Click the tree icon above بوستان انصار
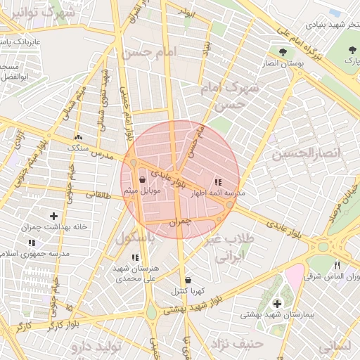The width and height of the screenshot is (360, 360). [283, 52]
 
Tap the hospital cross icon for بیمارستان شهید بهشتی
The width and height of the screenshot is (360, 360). [278, 303]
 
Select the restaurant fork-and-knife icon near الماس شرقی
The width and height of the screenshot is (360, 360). [337, 265]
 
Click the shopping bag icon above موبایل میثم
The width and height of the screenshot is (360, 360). [143, 179]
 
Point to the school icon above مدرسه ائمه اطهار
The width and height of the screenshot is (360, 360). [217, 182]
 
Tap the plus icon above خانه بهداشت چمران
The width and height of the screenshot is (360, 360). [54, 215]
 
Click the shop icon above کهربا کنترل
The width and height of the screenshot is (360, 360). [187, 280]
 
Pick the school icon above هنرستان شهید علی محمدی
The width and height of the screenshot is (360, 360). [136, 257]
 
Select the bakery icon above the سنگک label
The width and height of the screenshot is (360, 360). [77, 138]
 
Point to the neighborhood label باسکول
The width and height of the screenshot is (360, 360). [136, 238]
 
